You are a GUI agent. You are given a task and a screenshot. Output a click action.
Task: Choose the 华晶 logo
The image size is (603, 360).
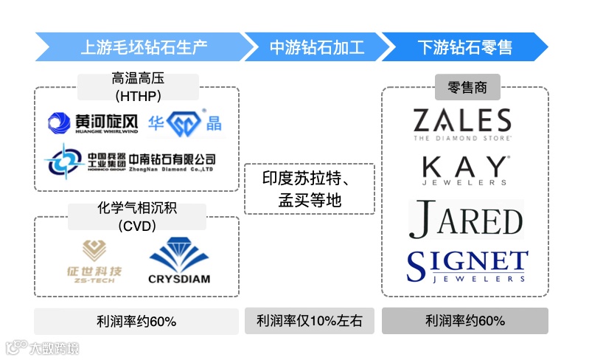tap(185, 124)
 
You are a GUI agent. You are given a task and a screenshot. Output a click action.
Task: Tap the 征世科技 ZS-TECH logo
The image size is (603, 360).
tap(93, 263)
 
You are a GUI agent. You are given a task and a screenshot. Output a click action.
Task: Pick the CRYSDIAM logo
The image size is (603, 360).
tap(179, 260)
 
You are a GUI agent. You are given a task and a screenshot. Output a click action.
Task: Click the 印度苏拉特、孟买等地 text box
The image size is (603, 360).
tap(310, 189)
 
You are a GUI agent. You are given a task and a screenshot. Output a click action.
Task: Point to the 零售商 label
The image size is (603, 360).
tap(467, 88)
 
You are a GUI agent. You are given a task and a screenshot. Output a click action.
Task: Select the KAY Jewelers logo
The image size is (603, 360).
tap(464, 170)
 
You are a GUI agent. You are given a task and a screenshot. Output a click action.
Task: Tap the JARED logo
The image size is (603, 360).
tap(466, 220)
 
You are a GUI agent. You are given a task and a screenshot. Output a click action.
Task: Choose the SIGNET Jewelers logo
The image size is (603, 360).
tap(467, 266)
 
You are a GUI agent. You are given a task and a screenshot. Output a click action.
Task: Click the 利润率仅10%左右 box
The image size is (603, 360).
tap(310, 321)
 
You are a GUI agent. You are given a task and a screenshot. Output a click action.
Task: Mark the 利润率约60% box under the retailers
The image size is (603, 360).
tap(464, 321)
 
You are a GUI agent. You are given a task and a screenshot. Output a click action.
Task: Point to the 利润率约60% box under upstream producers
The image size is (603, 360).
tap(136, 321)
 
